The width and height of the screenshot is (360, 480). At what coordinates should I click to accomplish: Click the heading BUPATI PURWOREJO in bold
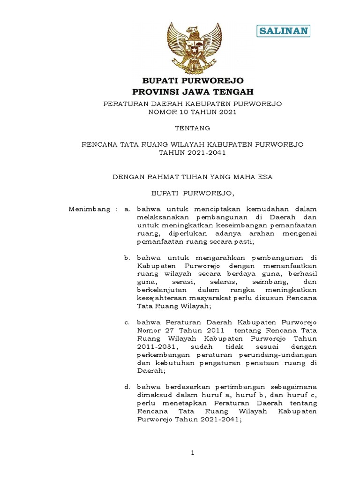pyautogui.click(x=193, y=81)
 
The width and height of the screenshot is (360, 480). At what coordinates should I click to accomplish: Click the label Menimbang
pyautogui.click(x=90, y=209)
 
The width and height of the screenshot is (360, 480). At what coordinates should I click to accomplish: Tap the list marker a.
pyautogui.click(x=126, y=209)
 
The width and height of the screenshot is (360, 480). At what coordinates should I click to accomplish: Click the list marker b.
pyautogui.click(x=126, y=258)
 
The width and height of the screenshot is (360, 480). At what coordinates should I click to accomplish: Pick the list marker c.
pyautogui.click(x=126, y=322)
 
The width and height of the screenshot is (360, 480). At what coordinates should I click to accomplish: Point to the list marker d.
pyautogui.click(x=126, y=387)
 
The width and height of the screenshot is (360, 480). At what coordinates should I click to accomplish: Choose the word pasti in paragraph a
pyautogui.click(x=242, y=241)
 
